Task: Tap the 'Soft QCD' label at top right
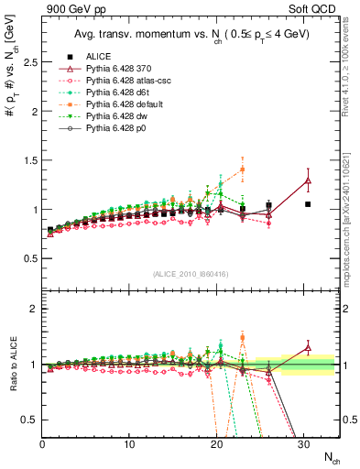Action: [314, 10]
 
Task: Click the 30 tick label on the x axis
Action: [303, 444]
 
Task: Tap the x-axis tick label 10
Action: [129, 444]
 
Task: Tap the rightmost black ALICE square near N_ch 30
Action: [308, 204]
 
